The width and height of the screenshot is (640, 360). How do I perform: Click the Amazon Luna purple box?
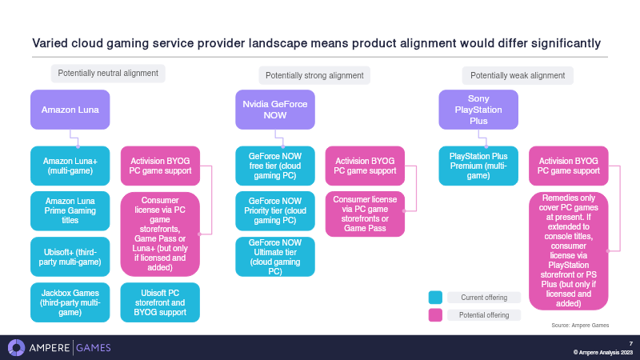[70, 110]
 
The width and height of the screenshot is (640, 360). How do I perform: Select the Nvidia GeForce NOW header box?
[275, 110]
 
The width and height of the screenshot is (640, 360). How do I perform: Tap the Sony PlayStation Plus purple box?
[478, 110]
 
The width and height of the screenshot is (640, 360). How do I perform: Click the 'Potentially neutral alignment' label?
[108, 74]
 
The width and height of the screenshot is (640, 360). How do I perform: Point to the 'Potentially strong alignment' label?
[314, 75]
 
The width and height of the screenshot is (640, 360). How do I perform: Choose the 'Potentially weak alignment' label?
[518, 75]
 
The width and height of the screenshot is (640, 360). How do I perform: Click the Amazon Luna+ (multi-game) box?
[70, 166]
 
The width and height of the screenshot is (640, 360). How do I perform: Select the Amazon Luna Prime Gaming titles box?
[70, 210]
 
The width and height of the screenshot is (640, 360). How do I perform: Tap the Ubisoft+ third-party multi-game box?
[70, 257]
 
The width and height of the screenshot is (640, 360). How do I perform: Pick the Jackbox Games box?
[70, 302]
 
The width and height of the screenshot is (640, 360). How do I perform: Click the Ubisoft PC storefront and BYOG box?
[160, 302]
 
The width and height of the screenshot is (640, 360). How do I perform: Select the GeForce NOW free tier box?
[275, 166]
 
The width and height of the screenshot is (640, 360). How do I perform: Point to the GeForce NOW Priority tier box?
[275, 210]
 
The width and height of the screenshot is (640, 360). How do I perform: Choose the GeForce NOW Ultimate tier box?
[275, 257]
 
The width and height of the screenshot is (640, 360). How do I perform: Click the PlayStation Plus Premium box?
[478, 166]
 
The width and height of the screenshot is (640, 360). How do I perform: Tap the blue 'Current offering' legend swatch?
[435, 298]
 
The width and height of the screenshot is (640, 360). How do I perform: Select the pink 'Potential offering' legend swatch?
[435, 315]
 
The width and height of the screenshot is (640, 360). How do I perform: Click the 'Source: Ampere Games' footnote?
[580, 326]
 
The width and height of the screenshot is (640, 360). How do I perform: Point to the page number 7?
[630, 344]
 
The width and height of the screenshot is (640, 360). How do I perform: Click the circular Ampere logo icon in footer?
[16, 348]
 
